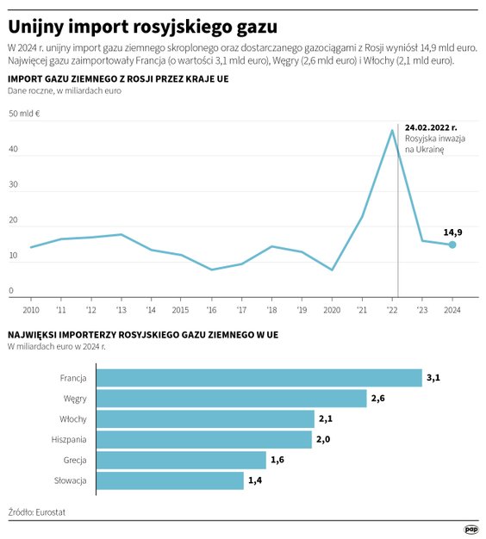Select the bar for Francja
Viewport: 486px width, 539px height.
[x=259, y=377]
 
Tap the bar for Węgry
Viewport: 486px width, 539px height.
[x=231, y=398]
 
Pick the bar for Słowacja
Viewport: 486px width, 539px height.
[x=170, y=480]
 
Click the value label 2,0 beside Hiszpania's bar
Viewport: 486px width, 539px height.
[x=323, y=439]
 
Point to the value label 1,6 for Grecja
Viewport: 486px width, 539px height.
[x=277, y=460]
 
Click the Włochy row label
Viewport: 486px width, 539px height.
[x=72, y=418]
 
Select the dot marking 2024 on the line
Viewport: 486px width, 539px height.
[x=452, y=245]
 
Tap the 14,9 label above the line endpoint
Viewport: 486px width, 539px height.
[x=452, y=232]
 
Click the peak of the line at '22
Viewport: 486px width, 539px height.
[x=392, y=130]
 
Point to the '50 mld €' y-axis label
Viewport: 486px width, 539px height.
[x=25, y=114]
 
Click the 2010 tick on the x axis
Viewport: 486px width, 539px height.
[x=31, y=308]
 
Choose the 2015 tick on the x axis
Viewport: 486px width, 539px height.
[x=181, y=308]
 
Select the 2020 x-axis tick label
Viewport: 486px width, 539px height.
[x=332, y=308]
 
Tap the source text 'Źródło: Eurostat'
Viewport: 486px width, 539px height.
[x=37, y=512]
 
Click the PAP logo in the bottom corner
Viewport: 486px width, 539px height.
[x=470, y=530]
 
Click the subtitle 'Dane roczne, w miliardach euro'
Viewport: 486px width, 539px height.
[x=65, y=90]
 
